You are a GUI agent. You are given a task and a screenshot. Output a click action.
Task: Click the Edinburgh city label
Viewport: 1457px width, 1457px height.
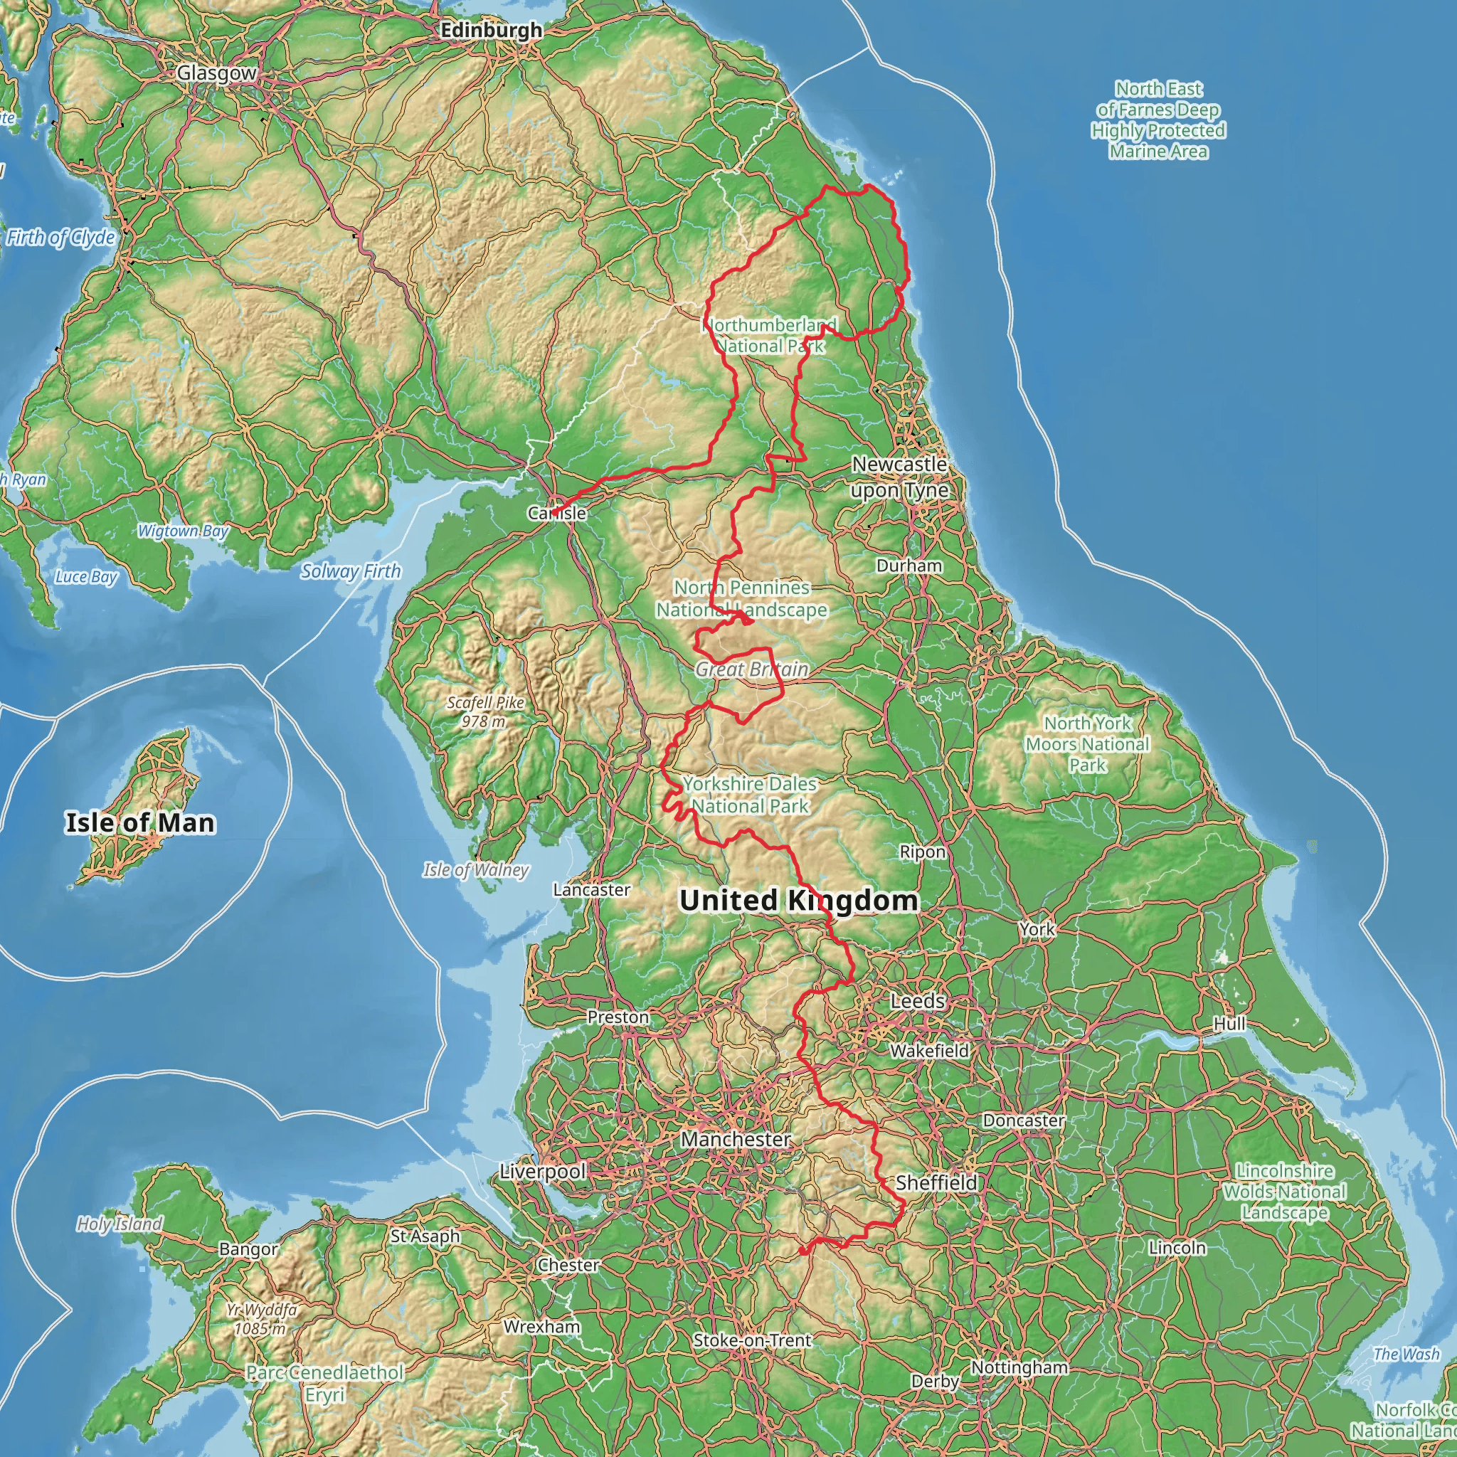pos(491,30)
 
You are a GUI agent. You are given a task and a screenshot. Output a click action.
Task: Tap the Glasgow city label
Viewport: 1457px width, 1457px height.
pos(216,73)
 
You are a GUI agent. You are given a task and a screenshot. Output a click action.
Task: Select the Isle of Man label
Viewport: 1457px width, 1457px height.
pos(140,823)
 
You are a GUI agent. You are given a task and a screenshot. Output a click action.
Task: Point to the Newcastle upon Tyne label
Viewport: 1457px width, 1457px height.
pos(900,477)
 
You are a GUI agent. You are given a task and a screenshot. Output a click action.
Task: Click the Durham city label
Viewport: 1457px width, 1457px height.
pos(908,566)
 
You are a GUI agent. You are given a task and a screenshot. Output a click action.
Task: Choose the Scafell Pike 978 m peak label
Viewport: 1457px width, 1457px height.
pos(485,712)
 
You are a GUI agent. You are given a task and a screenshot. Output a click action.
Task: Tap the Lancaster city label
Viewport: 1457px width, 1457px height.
pos(591,890)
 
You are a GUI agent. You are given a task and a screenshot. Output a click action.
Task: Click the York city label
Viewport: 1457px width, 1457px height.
pos(1037,929)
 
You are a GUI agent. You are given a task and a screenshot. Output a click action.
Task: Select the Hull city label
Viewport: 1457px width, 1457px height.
pos(1229,1024)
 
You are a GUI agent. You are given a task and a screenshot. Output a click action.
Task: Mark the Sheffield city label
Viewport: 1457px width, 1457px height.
pos(936,1182)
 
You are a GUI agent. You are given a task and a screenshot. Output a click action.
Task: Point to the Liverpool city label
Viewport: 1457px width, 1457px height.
pos(542,1171)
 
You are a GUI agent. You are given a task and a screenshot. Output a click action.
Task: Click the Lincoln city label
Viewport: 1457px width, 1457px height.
pos(1177,1247)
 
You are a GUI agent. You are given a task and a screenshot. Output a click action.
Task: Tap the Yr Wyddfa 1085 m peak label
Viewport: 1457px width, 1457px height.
pos(262,1319)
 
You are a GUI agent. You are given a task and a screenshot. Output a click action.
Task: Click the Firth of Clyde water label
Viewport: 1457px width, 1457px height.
pos(61,238)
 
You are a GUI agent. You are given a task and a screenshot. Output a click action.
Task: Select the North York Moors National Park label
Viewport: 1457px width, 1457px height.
pos(1087,743)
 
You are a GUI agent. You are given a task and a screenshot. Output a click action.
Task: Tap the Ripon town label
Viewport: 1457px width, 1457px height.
pos(922,852)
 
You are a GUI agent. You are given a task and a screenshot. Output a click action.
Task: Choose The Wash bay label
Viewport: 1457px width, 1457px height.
pos(1406,1354)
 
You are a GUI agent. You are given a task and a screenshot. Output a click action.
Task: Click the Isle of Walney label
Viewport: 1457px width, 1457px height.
pos(476,869)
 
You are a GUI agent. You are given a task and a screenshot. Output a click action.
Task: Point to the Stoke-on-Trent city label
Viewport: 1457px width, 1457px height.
pos(752,1340)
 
